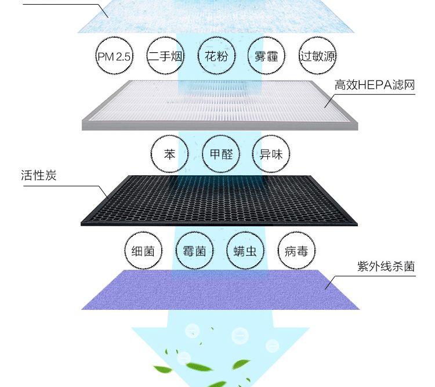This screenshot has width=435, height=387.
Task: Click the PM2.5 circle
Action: (x=114, y=56)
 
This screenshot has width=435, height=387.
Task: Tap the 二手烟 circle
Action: (x=165, y=56)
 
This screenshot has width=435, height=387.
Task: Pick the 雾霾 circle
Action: (x=266, y=56)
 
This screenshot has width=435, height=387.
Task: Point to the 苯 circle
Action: (x=169, y=155)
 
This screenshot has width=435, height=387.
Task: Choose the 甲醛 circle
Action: (x=220, y=155)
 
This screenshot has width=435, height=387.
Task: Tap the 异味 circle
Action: (x=271, y=155)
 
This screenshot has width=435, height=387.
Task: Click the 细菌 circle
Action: (x=143, y=251)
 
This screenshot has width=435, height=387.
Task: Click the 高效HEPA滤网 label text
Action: (x=375, y=85)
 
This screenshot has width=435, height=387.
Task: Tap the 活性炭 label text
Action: (x=39, y=175)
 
